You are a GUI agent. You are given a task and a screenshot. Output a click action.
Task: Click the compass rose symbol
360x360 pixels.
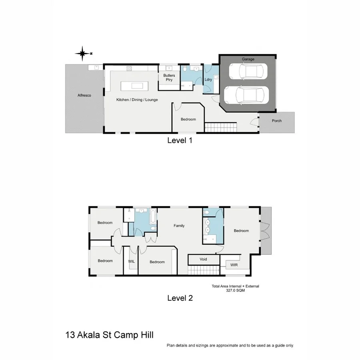[82, 53]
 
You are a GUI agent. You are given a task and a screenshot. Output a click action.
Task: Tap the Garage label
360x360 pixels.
[248, 59]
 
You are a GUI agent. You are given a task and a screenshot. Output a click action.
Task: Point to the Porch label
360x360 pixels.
[276, 121]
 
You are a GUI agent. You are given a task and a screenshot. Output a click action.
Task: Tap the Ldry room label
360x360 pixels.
[208, 79]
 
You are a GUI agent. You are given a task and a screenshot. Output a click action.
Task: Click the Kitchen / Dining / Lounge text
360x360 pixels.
[137, 100]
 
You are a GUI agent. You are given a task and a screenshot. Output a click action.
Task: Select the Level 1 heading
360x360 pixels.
[180, 140]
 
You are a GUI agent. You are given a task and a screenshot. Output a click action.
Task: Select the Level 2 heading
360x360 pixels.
[180, 298]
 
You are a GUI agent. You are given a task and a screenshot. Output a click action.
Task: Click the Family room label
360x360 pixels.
[179, 226]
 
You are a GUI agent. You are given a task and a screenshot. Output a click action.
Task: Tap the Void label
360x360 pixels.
[203, 260]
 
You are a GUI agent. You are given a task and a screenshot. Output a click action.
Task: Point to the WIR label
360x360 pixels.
[234, 265]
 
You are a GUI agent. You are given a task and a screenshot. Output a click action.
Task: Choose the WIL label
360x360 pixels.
[131, 262]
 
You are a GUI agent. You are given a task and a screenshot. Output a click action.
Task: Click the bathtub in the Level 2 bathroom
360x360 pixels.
[152, 218]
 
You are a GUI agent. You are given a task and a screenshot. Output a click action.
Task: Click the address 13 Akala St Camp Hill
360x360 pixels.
[109, 334]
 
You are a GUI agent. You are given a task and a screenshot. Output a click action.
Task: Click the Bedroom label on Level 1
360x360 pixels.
[188, 119]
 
